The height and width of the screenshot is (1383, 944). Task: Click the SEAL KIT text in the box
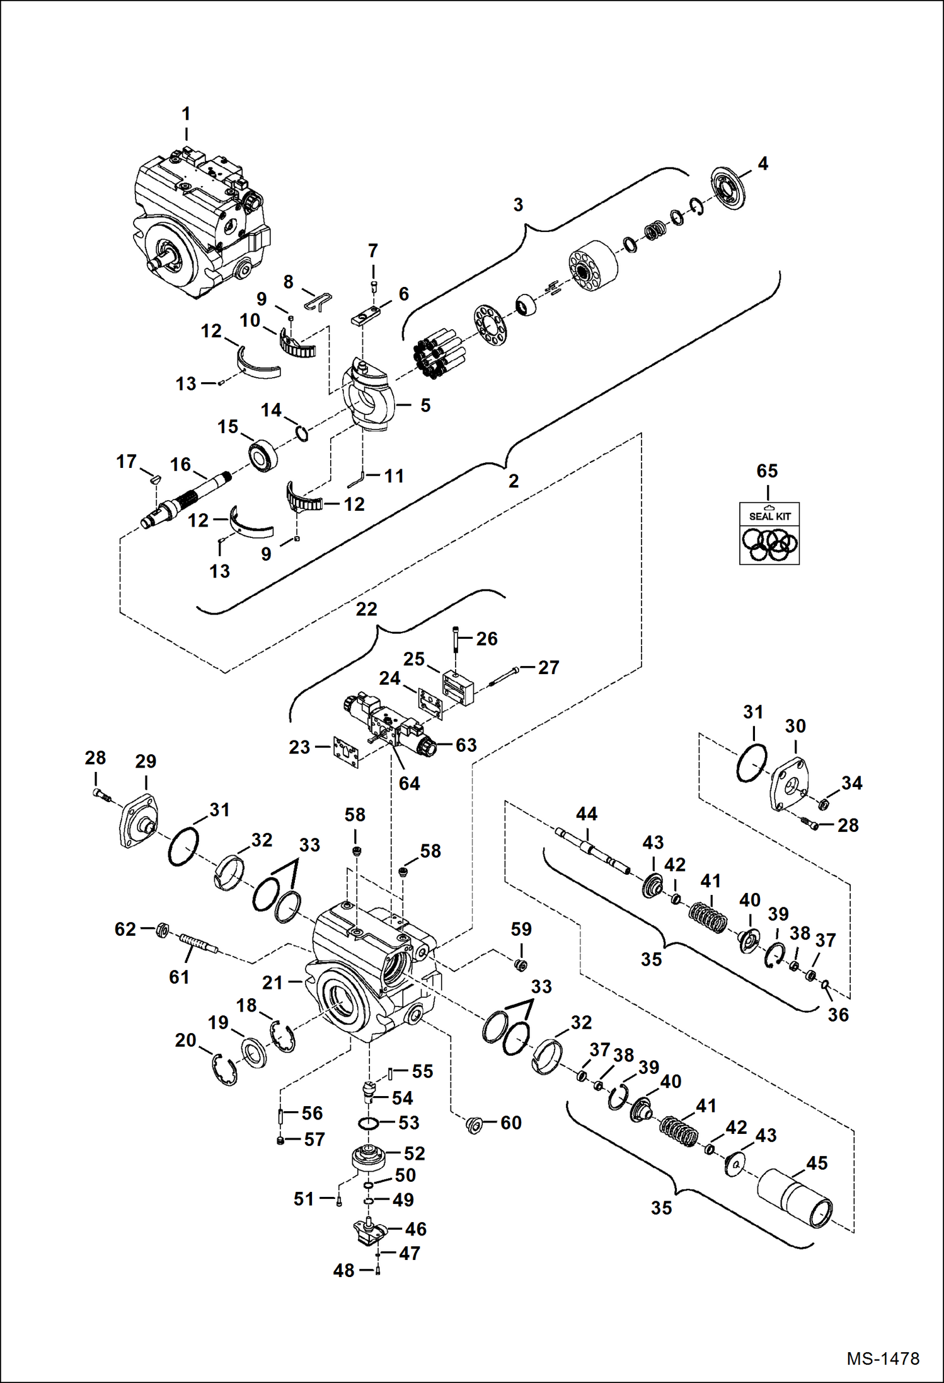[769, 516]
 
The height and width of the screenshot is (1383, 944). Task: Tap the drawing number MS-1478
[882, 1358]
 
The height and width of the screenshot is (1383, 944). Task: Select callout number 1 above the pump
[186, 114]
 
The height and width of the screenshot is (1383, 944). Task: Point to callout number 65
[767, 471]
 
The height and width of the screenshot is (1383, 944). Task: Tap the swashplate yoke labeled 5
[369, 397]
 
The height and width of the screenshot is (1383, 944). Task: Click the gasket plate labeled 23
[346, 752]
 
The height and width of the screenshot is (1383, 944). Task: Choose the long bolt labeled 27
[504, 677]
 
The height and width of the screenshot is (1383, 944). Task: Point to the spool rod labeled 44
[592, 850]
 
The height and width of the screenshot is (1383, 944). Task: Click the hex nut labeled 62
[161, 930]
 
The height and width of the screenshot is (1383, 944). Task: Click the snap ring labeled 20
[224, 1070]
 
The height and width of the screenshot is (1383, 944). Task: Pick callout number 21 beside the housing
[272, 983]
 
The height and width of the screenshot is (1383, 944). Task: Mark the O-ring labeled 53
[369, 1123]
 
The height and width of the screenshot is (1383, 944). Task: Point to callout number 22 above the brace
[366, 609]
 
